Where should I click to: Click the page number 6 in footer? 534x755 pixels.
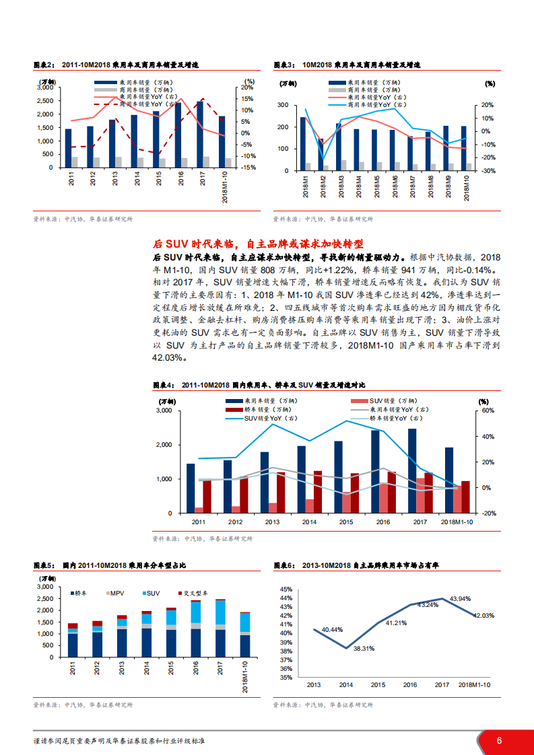point(499,740)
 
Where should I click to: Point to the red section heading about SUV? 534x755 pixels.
point(258,244)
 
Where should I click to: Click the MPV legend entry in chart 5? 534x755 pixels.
point(114,592)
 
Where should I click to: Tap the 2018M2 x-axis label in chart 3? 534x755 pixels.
point(322,187)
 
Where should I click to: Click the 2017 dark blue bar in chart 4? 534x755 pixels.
point(412,470)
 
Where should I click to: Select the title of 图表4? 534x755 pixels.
point(259,385)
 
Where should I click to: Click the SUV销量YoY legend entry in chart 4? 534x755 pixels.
point(266,417)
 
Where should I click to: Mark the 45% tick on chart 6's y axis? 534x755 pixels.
point(285,589)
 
